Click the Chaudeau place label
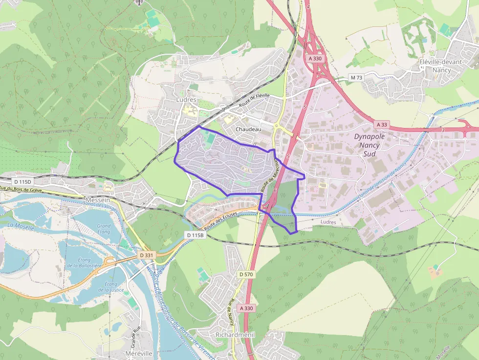248,129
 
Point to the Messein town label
97,200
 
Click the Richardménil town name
235,335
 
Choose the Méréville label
139,353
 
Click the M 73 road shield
357,78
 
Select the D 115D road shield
22,182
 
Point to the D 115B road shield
195,235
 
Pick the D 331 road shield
146,255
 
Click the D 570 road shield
246,275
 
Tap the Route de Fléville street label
254,100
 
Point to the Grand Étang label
104,229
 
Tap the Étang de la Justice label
111,287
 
